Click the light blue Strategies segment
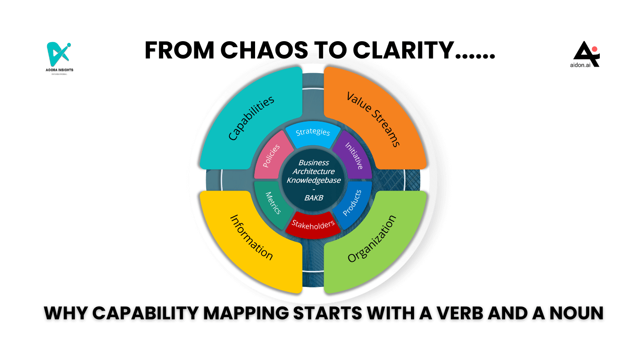pyautogui.click(x=313, y=133)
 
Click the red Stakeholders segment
pyautogui.click(x=313, y=224)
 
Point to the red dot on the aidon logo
pyautogui.click(x=594, y=49)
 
